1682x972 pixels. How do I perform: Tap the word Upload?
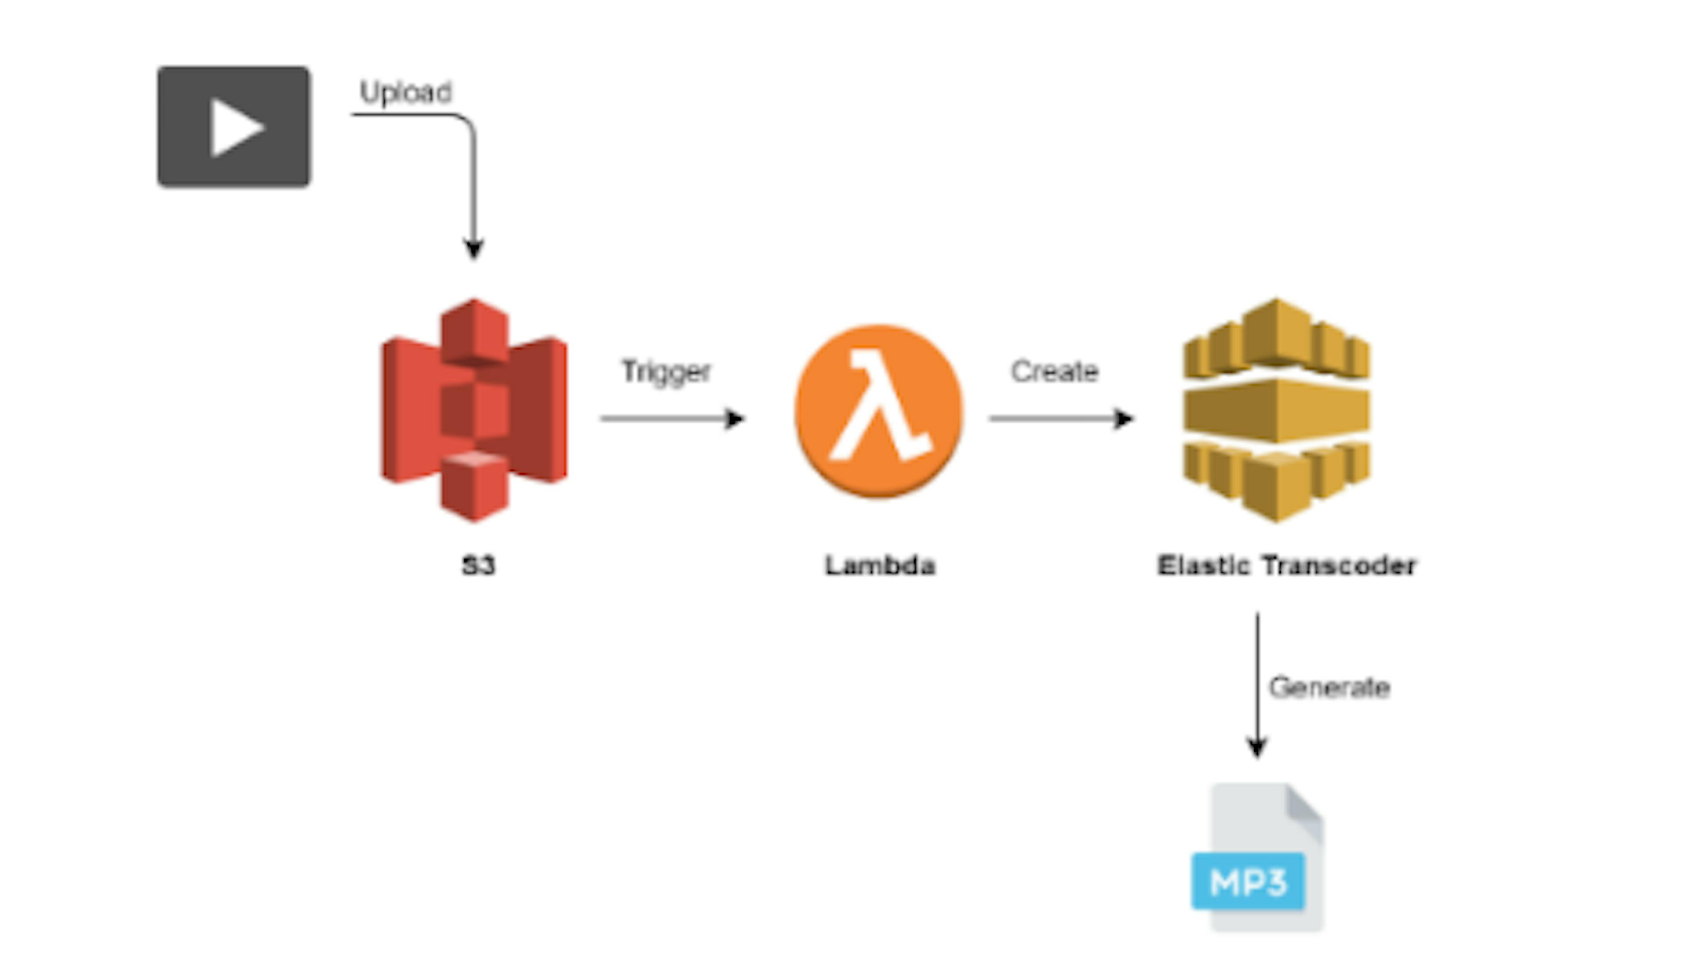tap(406, 92)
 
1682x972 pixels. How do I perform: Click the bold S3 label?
tap(478, 566)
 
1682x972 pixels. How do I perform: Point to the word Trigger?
tap(665, 371)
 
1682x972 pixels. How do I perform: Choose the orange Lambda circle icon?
tap(878, 410)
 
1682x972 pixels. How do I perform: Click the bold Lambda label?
tap(880, 566)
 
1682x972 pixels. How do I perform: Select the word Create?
tap(1054, 371)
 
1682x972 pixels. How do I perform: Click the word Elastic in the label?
tap(1203, 566)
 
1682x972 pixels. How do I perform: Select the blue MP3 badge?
tap(1247, 881)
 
